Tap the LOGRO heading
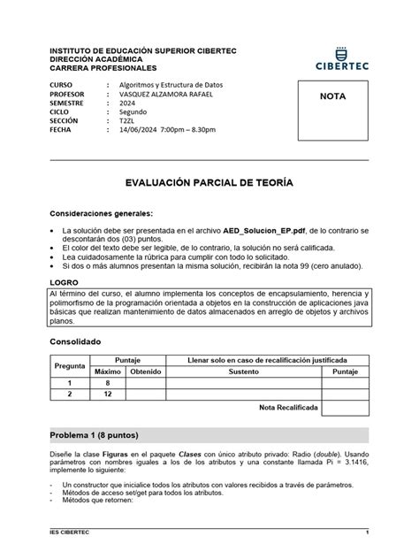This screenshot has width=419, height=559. pyautogui.click(x=65, y=280)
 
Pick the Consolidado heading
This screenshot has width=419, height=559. pyautogui.click(x=75, y=341)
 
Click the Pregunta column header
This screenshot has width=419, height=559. pyautogui.click(x=70, y=365)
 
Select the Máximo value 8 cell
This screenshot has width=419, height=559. pyautogui.click(x=107, y=383)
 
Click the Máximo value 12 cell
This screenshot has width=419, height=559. pyautogui.click(x=107, y=394)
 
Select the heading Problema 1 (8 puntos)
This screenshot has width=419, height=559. pyautogui.click(x=93, y=435)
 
